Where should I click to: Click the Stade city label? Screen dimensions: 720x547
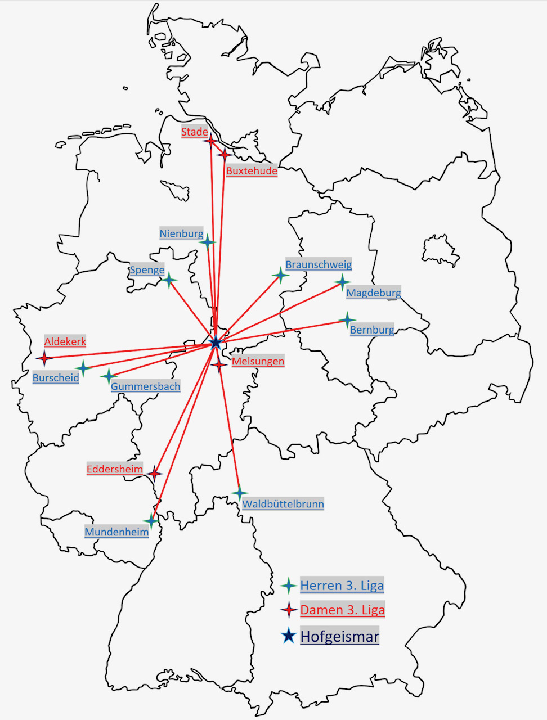[195, 132]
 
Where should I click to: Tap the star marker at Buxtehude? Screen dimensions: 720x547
[224, 154]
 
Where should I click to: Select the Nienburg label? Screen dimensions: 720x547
[181, 233]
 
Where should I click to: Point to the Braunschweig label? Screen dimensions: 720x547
[319, 264]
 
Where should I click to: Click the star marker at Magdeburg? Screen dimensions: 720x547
[342, 282]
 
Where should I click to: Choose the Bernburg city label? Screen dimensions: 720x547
[372, 330]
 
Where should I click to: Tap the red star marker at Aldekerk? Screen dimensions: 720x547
[44, 358]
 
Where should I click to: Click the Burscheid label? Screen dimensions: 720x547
[56, 378]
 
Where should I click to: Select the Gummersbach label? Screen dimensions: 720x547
[145, 386]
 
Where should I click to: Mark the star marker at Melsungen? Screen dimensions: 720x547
[219, 364]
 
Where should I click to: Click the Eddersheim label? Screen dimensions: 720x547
[115, 469]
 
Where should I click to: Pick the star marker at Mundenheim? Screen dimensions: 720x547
[151, 520]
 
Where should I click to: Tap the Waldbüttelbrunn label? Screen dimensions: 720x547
[283, 504]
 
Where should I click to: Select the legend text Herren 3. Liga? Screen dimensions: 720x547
[342, 586]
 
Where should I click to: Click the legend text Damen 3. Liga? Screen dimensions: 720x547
[342, 610]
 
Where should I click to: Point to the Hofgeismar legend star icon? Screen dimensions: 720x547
[289, 636]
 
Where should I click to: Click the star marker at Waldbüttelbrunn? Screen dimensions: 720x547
[240, 493]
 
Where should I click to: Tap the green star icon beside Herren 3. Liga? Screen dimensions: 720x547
[289, 586]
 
